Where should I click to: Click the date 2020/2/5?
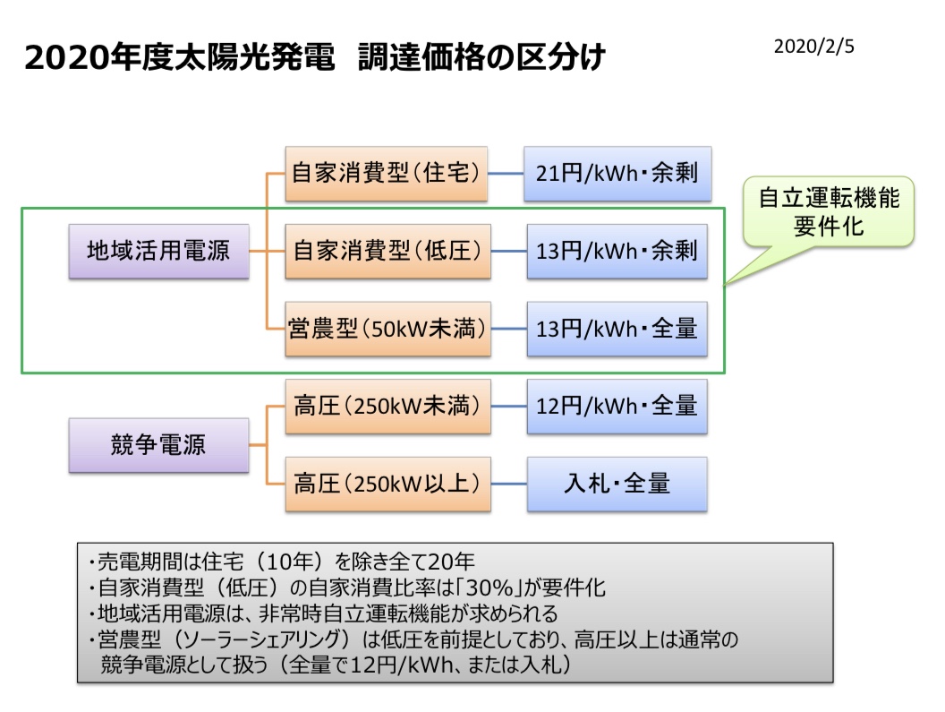tap(813, 47)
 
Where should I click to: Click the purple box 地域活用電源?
tap(158, 251)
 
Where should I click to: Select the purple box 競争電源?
tap(158, 445)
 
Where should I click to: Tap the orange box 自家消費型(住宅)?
tap(387, 173)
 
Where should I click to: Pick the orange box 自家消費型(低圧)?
tap(388, 251)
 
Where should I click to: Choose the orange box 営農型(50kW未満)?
tap(388, 329)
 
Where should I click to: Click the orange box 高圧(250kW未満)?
tap(388, 406)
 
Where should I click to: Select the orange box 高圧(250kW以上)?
tap(388, 484)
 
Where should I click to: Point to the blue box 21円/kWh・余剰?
tap(617, 173)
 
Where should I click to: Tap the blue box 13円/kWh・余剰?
tap(617, 251)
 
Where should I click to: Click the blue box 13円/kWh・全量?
tap(617, 329)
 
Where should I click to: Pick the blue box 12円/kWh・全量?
tap(617, 406)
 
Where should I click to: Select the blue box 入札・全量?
tap(617, 484)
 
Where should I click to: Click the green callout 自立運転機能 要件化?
tap(829, 211)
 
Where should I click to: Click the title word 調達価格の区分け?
tap(481, 58)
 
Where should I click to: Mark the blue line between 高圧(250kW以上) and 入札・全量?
tap(509, 484)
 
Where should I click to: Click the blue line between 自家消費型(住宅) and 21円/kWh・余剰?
tap(506, 174)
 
